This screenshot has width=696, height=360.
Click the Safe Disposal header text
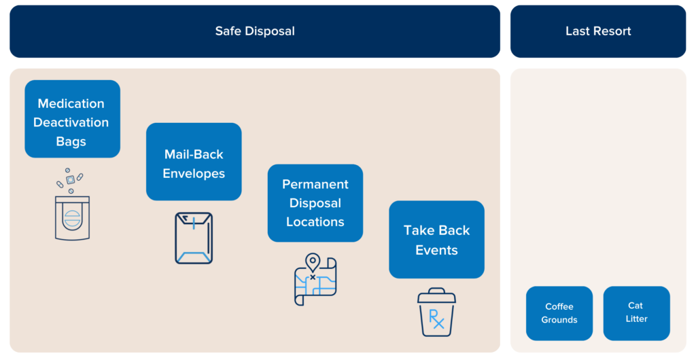point(255,31)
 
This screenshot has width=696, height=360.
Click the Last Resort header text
point(598,31)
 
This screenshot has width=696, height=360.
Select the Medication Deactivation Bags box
point(72,119)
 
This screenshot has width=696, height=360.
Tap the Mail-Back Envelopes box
point(194,162)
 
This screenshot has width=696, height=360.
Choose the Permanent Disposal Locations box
point(315,203)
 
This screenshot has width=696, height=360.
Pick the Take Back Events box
point(436,240)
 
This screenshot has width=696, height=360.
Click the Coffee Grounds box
point(559,313)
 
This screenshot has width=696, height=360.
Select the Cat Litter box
point(636,313)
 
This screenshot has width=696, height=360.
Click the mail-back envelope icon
point(194,238)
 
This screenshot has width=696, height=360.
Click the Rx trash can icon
point(436,314)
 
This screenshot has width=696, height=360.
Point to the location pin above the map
point(313,262)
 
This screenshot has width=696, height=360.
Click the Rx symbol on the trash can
point(436,319)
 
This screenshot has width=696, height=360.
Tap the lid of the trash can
point(436,295)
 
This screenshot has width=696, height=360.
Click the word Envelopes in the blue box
point(194,173)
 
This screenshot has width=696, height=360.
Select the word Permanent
point(315,185)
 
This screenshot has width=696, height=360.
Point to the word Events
point(436,250)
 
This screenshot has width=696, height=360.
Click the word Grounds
point(559,320)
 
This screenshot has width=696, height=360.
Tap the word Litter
point(636,319)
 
